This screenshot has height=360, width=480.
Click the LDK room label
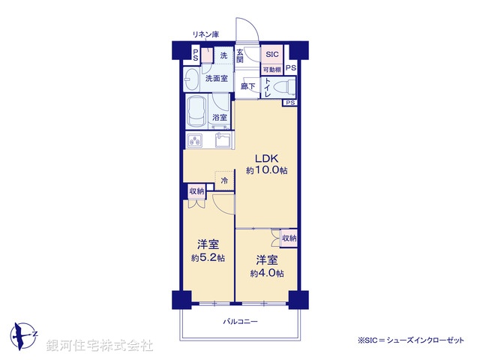pos(267,158)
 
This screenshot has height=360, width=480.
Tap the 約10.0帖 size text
pos(267,171)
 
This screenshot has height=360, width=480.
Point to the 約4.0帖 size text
pos(267,273)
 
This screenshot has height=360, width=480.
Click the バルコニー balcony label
pos(240,321)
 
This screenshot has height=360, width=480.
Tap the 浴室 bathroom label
pos(219,118)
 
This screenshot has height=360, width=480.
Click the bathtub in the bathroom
pos(196,112)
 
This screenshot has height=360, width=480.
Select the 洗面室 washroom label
pos(216,77)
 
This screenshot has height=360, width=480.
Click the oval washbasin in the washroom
pos(192,78)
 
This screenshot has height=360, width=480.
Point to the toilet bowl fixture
pos(283,88)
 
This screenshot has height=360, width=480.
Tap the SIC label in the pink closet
pos(271,55)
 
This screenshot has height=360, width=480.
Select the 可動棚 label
pos(271,69)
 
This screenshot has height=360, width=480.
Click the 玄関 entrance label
pos(241,55)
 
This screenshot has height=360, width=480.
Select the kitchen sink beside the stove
pos(222,139)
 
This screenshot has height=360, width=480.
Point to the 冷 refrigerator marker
pos(223,180)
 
